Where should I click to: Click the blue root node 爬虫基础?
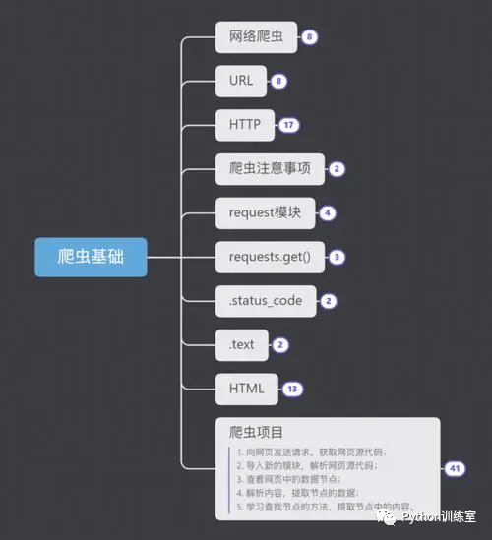[x=91, y=257]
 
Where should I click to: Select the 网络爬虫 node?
[x=256, y=37]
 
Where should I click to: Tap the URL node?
[x=241, y=81]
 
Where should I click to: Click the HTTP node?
[x=244, y=125]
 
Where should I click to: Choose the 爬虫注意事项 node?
[x=268, y=168]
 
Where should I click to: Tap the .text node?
[x=241, y=344]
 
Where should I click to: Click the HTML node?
[x=247, y=388]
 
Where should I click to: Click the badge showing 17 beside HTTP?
[x=288, y=125]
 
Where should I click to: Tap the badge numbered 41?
[x=455, y=468]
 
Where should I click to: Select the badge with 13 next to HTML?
[x=292, y=389]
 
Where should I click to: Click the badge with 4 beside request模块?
[x=327, y=212]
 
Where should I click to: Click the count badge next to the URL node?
[x=280, y=82]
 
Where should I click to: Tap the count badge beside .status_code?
[x=329, y=301]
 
